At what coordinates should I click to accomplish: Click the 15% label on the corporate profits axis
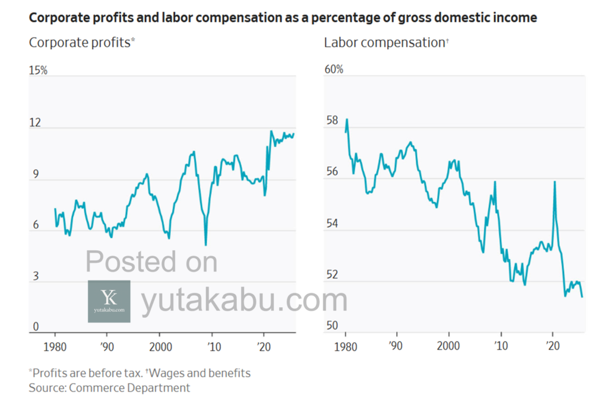38,71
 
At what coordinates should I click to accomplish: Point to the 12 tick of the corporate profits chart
35,123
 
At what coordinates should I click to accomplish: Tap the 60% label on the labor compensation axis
334,69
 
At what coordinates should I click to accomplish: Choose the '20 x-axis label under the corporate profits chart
265,346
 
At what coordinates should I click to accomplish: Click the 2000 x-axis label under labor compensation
449,346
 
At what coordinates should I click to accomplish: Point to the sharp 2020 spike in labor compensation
555,182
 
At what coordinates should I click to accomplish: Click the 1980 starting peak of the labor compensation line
347,119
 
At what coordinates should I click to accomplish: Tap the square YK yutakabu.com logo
109,301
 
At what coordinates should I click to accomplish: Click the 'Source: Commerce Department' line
110,388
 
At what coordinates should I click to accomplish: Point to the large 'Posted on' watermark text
151,262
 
